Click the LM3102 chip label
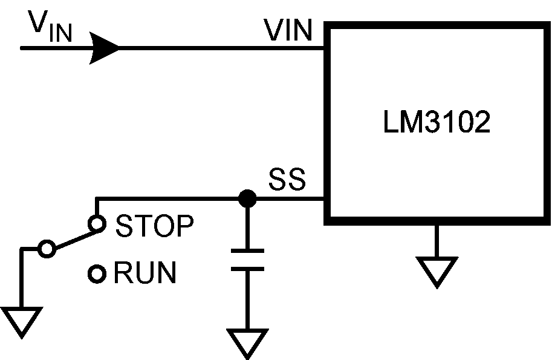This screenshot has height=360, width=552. click(x=436, y=123)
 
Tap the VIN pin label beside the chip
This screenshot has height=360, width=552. click(x=289, y=31)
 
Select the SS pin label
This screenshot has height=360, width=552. click(x=287, y=180)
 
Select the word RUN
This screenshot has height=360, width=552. click(x=145, y=274)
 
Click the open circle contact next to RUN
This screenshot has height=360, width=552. click(x=96, y=274)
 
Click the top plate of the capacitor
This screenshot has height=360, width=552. click(x=247, y=250)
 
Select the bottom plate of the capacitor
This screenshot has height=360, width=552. click(x=247, y=268)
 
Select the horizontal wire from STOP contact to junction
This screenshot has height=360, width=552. click(x=169, y=198)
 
